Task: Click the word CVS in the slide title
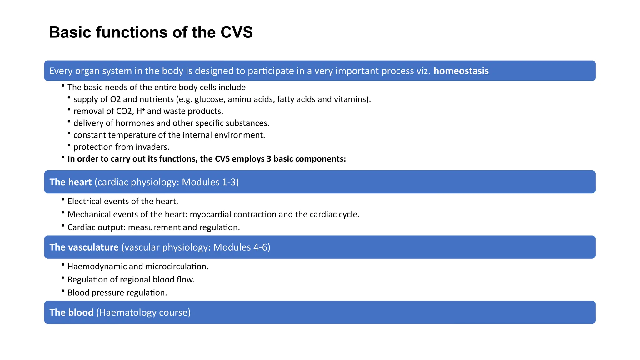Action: coord(237,32)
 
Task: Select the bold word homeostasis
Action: coord(461,71)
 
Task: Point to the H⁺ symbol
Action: coord(140,111)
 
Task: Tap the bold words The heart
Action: coord(71,182)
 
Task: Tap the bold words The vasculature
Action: coord(84,247)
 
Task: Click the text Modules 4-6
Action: coord(241,247)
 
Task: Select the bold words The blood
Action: coord(72,312)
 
